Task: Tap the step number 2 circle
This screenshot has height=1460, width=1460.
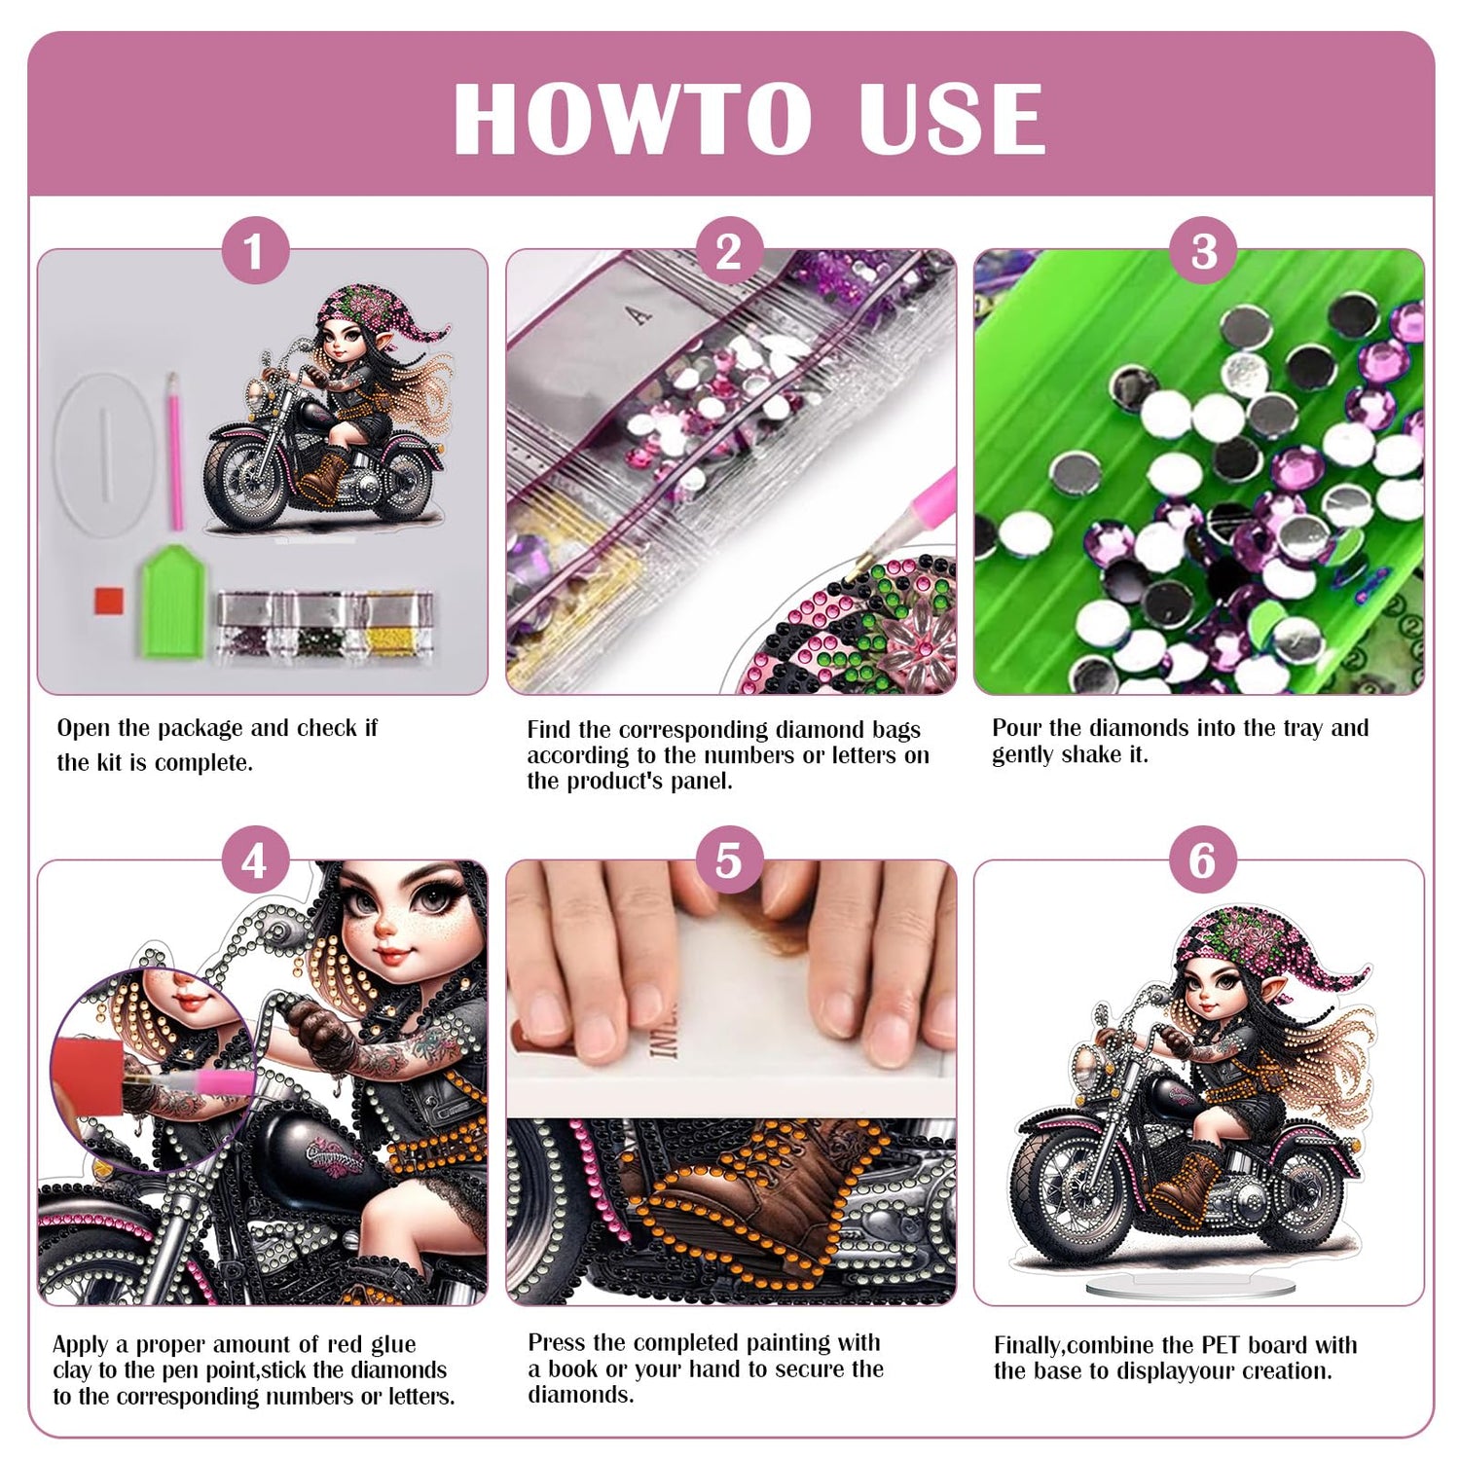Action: (729, 251)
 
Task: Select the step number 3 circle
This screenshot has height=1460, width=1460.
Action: (1204, 251)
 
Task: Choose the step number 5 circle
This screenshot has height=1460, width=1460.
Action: (729, 860)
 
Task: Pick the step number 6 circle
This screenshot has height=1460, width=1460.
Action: (1203, 860)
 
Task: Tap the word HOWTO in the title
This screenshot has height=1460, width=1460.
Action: (633, 119)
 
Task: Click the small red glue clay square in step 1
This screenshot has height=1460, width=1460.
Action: (109, 601)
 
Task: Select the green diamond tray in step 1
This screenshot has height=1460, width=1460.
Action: (173, 601)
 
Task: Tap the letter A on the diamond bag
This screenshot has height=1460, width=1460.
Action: (639, 314)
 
